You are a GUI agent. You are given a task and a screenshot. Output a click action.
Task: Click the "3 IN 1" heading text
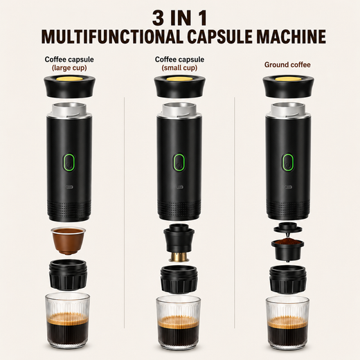tap(179, 18)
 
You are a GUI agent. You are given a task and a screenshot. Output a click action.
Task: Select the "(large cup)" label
tap(69, 68)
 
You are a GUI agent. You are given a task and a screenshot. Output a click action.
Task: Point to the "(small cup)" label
tap(179, 68)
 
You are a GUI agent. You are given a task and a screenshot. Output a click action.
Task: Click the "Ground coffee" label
tap(287, 64)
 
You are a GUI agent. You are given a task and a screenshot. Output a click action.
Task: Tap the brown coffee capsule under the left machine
tap(69, 241)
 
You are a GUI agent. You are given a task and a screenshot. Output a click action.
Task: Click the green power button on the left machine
tap(69, 162)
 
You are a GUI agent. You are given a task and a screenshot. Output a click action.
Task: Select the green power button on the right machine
tap(288, 162)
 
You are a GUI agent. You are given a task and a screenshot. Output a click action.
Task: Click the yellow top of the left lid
tap(69, 80)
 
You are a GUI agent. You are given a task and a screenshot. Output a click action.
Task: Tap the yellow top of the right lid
tap(288, 79)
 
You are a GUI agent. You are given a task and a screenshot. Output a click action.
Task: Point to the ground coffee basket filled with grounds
tap(287, 251)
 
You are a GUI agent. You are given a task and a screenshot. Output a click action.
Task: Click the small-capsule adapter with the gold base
tap(179, 243)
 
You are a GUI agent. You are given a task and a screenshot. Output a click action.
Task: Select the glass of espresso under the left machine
tap(68, 321)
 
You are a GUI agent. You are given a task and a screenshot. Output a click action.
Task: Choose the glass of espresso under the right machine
tap(287, 323)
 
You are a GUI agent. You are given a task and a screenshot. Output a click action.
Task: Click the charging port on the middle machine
tap(179, 187)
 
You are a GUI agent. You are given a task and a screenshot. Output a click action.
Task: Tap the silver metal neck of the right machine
tap(288, 110)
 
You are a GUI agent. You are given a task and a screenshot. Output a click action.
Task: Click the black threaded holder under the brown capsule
tap(68, 275)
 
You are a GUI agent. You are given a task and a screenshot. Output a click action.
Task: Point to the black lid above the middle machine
tap(180, 86)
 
